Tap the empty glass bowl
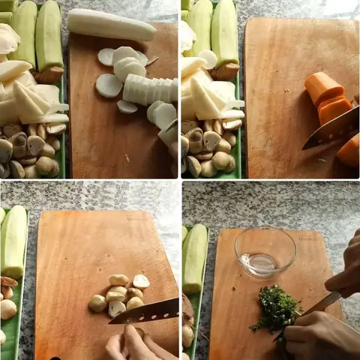265,252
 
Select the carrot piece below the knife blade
349,151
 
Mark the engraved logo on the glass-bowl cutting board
308,238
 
